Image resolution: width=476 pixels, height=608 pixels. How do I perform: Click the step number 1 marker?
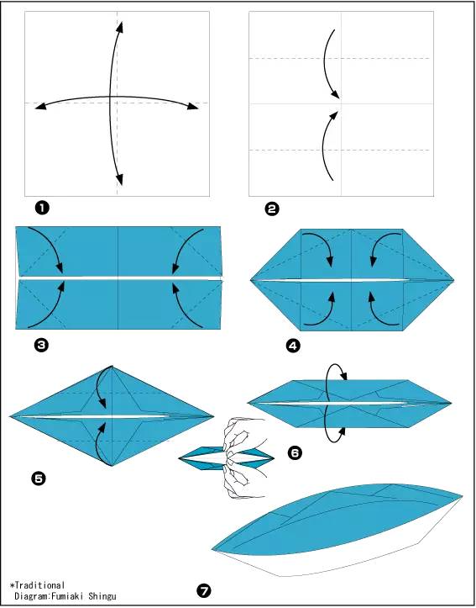42,208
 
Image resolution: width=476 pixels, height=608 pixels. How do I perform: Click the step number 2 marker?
272,209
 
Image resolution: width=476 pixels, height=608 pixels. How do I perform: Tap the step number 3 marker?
41,345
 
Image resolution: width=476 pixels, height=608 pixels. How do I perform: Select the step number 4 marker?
293,346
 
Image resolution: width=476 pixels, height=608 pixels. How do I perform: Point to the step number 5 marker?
38,478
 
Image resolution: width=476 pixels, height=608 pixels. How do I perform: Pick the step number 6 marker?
295,452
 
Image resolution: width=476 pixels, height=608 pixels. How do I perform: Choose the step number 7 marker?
204,591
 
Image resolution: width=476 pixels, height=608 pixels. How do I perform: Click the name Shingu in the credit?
102,596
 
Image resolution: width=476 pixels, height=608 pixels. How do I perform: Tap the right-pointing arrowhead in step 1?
193,105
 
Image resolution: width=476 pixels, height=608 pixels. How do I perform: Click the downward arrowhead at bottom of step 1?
119,179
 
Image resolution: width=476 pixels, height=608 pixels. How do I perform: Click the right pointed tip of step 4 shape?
453,279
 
